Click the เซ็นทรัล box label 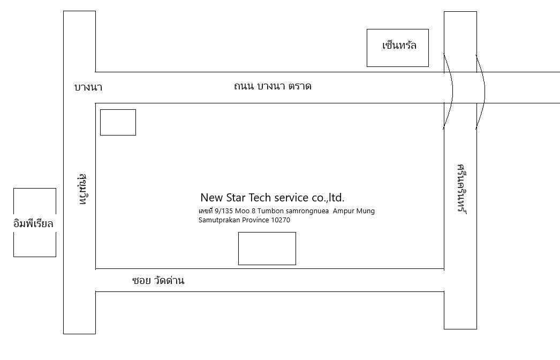[x=399, y=46]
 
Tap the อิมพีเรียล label [x=34, y=223]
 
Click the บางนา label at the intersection [x=88, y=87]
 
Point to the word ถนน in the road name [x=244, y=86]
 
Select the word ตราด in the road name [x=300, y=86]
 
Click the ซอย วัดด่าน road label [x=158, y=280]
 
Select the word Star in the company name [x=239, y=197]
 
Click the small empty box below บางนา [x=118, y=122]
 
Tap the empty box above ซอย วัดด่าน [x=267, y=248]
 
